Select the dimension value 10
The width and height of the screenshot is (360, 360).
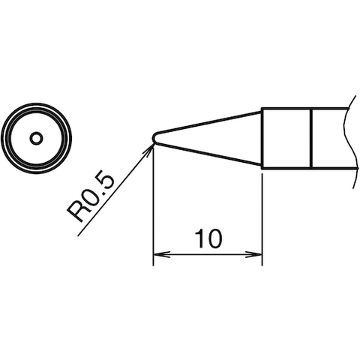(x=208, y=239)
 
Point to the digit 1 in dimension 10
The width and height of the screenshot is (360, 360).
(x=199, y=239)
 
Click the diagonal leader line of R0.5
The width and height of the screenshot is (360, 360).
(x=112, y=191)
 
